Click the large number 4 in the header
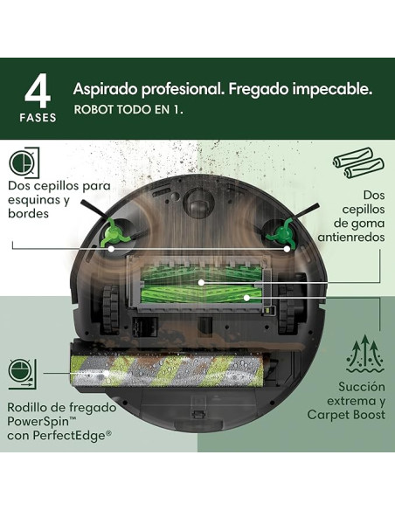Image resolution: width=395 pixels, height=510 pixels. click(37, 90)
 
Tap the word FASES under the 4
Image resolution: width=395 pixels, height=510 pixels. click(37, 116)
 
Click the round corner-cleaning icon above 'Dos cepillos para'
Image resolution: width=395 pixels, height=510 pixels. click(23, 162)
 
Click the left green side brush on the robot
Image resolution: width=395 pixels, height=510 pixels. click(112, 232)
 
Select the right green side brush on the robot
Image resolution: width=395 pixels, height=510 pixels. click(283, 232)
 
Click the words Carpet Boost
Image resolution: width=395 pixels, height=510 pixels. click(347, 414)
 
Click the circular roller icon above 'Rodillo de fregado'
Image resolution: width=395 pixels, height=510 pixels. click(23, 370)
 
